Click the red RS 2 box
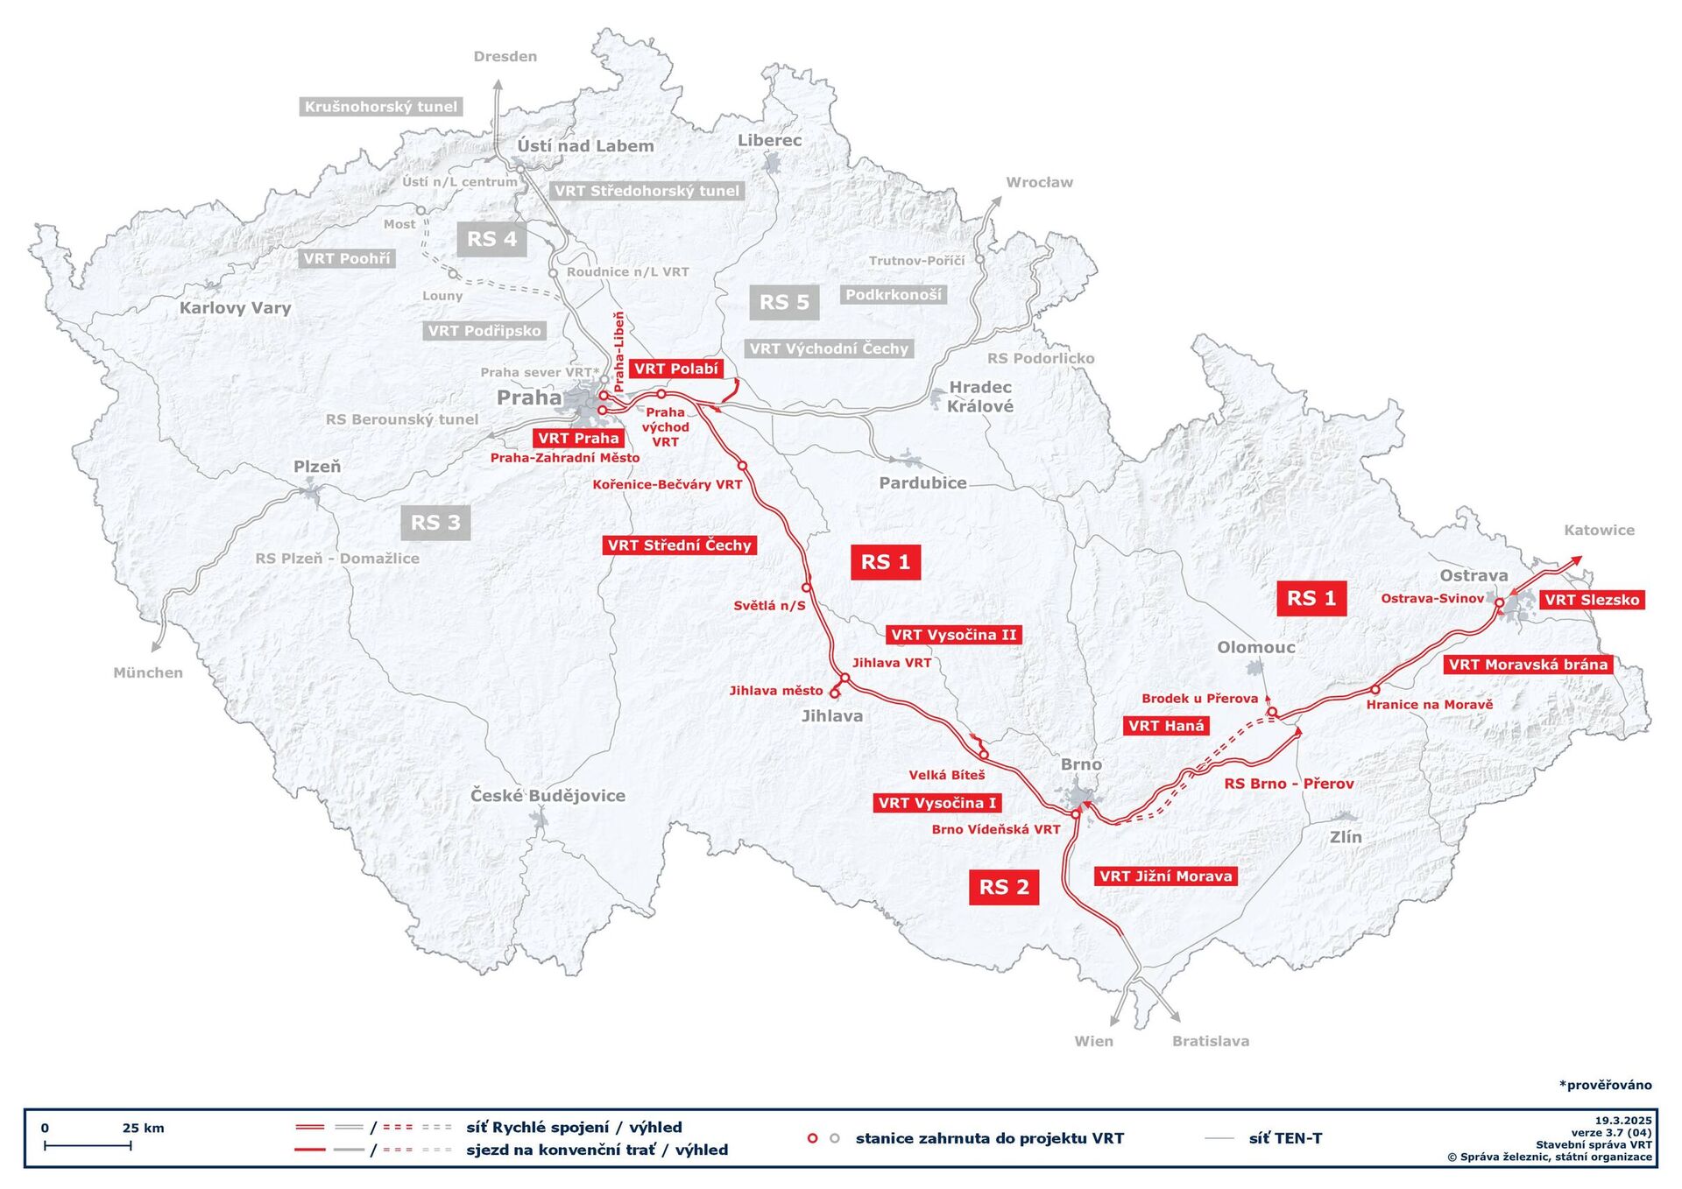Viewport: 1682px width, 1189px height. click(x=1003, y=887)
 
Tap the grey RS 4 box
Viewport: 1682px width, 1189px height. click(x=491, y=239)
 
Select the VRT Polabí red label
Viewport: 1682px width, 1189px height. click(x=675, y=369)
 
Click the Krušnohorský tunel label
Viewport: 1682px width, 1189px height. click(x=380, y=107)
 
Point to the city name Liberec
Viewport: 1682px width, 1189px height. click(x=769, y=140)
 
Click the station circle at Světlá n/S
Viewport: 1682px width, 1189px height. click(x=806, y=587)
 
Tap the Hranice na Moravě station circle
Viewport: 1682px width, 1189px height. click(x=1375, y=690)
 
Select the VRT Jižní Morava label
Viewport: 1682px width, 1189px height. click(x=1165, y=876)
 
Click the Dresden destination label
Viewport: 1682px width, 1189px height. click(x=505, y=57)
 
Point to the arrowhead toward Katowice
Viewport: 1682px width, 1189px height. click(x=1576, y=559)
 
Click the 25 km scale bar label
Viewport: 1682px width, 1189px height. click(x=143, y=1128)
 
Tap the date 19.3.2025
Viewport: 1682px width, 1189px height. click(x=1622, y=1121)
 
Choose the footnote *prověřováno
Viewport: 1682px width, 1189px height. click(x=1605, y=1085)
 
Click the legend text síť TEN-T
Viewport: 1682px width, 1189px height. click(x=1285, y=1138)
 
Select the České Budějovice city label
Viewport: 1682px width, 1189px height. click(x=548, y=796)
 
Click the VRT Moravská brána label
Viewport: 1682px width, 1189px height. click(x=1528, y=665)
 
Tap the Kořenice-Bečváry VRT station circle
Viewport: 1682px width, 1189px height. click(x=742, y=466)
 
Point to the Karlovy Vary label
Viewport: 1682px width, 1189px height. click(x=235, y=308)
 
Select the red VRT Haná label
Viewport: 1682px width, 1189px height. click(x=1165, y=726)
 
